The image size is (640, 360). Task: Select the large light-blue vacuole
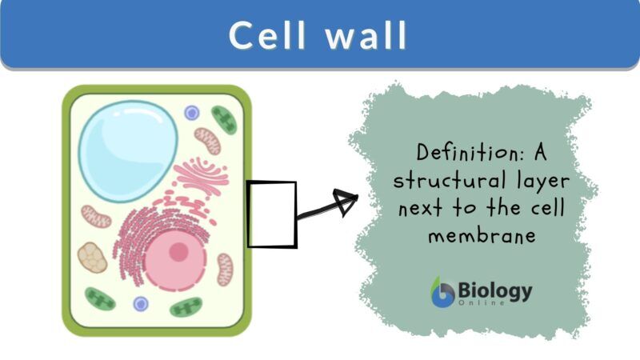[x=128, y=141]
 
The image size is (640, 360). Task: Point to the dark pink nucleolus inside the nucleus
[x=178, y=252]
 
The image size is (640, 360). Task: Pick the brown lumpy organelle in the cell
[x=92, y=258]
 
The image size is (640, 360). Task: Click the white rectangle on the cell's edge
[x=271, y=214]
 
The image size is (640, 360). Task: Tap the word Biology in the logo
[x=495, y=290]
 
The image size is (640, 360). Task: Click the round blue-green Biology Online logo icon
[x=442, y=294]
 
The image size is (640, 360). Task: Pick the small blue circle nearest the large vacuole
[x=191, y=113]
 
